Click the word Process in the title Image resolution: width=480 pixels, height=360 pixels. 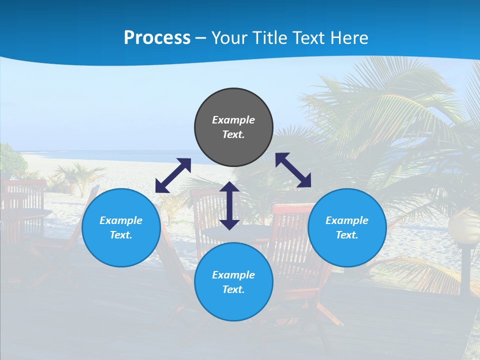[x=157, y=38]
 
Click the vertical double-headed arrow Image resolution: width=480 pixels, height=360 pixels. [x=229, y=205]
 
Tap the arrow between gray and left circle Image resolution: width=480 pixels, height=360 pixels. [x=173, y=175]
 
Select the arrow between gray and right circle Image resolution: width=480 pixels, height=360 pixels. [x=293, y=170]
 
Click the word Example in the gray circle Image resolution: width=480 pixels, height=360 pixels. [x=233, y=120]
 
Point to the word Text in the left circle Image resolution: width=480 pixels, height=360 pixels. [x=121, y=235]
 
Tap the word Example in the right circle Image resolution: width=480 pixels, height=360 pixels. [x=347, y=220]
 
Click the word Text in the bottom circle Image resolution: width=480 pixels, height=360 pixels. [x=233, y=289]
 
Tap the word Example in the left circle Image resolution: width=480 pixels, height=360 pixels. [x=121, y=220]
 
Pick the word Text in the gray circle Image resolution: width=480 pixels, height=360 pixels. [x=233, y=134]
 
